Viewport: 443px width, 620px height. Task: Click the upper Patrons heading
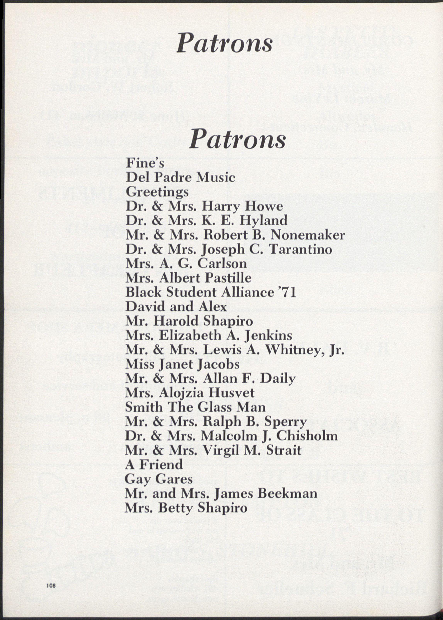coord(224,43)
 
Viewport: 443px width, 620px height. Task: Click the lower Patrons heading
coord(237,139)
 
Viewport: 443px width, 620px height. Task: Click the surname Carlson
coord(222,263)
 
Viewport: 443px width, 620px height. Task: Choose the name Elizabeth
coord(190,335)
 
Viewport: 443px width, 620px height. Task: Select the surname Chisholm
coord(307,436)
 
